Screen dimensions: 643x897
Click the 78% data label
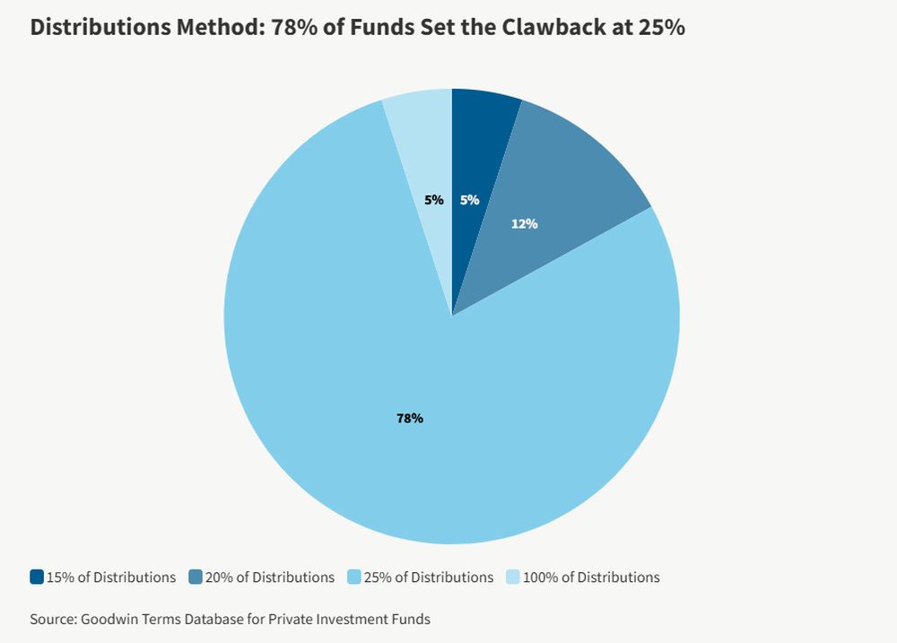410,418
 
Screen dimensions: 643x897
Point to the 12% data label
525,223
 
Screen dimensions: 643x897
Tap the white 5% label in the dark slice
469,200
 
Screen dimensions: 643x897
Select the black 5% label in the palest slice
434,200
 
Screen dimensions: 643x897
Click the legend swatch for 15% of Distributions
37,578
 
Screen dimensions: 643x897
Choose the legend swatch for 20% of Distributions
196,578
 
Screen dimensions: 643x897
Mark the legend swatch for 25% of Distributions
354,578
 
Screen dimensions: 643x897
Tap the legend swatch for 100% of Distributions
513,578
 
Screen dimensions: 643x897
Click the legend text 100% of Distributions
591,578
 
